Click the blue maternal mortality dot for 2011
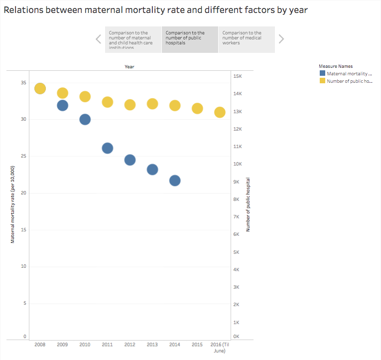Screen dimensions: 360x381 pyautogui.click(x=108, y=148)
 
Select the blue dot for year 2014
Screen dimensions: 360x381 pyautogui.click(x=175, y=180)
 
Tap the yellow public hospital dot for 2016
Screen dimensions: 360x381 pyautogui.click(x=220, y=112)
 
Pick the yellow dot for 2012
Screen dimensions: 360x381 pyautogui.click(x=130, y=105)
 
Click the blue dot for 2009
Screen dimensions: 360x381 pyautogui.click(x=62, y=105)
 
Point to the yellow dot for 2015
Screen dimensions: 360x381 pyautogui.click(x=197, y=108)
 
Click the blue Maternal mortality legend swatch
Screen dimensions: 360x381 pyautogui.click(x=322, y=74)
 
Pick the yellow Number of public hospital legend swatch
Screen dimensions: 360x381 pyautogui.click(x=322, y=81)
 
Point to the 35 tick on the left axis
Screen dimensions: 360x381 pyautogui.click(x=23, y=82)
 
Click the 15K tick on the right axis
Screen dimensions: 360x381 pyautogui.click(x=238, y=76)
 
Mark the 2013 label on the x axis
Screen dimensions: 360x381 pyautogui.click(x=152, y=345)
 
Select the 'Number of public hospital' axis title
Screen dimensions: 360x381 pyautogui.click(x=248, y=204)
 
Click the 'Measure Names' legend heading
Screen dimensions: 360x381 pyautogui.click(x=336, y=66)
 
